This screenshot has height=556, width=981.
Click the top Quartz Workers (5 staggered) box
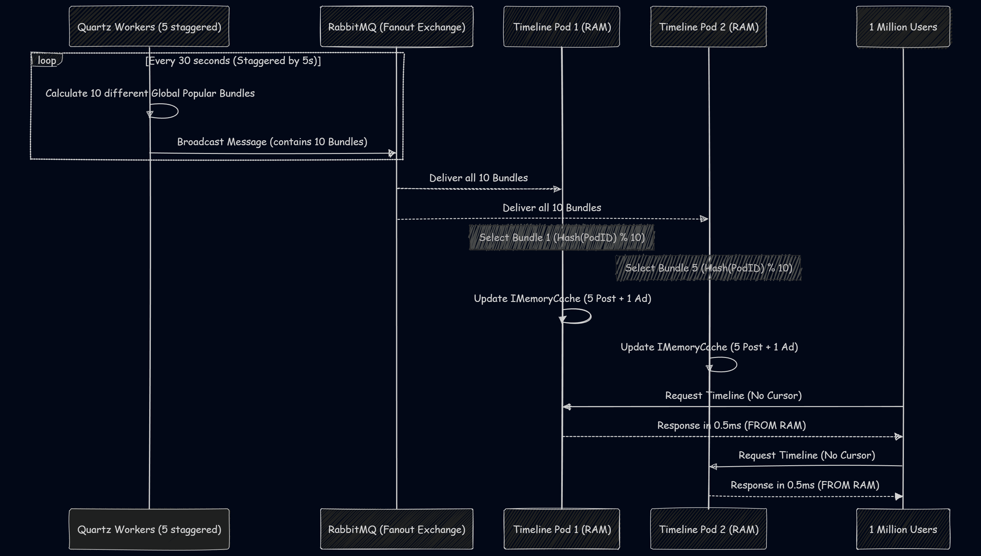(149, 26)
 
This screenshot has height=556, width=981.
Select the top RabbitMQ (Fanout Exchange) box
(397, 26)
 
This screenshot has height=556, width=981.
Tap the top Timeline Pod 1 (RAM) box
(562, 26)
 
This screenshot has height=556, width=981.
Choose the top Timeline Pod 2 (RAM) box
(708, 26)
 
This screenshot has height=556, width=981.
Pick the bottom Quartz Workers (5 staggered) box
(149, 529)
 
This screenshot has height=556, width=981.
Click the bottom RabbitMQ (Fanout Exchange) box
(397, 529)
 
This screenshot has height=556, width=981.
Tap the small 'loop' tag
(47, 60)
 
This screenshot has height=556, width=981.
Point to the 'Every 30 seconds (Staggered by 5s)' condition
(233, 61)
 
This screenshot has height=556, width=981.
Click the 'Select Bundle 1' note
(562, 237)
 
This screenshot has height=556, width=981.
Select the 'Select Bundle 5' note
(708, 268)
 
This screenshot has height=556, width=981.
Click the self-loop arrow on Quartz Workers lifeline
(168, 111)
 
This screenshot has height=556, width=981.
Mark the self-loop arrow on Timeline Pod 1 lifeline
(580, 316)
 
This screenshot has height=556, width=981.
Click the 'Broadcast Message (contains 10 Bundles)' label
(272, 142)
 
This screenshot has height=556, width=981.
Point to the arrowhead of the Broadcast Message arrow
(392, 153)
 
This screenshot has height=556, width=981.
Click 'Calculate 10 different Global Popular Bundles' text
(150, 93)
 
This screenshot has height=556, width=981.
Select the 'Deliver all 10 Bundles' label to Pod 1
(478, 178)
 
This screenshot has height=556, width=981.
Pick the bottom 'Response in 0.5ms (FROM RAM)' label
(805, 485)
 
